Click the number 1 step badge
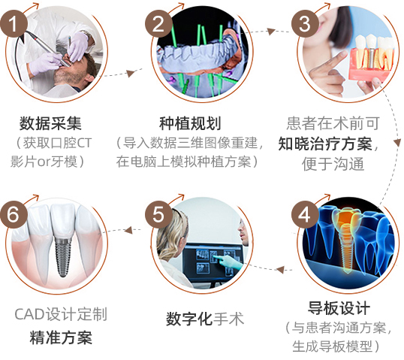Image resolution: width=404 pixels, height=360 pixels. pyautogui.click(x=14, y=24)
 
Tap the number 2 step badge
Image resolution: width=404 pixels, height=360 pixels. pyautogui.click(x=158, y=24)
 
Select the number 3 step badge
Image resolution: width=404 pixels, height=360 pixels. pyautogui.click(x=305, y=24)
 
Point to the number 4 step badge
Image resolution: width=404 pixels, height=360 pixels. pyautogui.click(x=305, y=214)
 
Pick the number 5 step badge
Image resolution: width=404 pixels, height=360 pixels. pyautogui.click(x=158, y=214)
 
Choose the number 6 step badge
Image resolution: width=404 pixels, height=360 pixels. pyautogui.click(x=14, y=214)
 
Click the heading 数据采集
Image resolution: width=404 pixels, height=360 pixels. pyautogui.click(x=51, y=123)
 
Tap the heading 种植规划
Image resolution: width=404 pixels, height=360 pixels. pyautogui.click(x=191, y=123)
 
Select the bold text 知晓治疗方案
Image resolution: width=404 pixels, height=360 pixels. pyautogui.click(x=325, y=144)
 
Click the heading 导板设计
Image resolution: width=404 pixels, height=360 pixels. pyautogui.click(x=339, y=308)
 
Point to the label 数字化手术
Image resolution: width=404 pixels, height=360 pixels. pyautogui.click(x=205, y=319)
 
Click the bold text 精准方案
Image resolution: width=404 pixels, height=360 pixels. pyautogui.click(x=61, y=337)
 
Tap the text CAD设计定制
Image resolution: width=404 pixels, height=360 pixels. pyautogui.click(x=61, y=314)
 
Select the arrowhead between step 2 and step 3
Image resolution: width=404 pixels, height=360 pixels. pyautogui.click(x=271, y=32)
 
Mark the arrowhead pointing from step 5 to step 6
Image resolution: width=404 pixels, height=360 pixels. pyautogui.click(x=128, y=230)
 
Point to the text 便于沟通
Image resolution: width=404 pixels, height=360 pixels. pyautogui.click(x=333, y=164)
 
